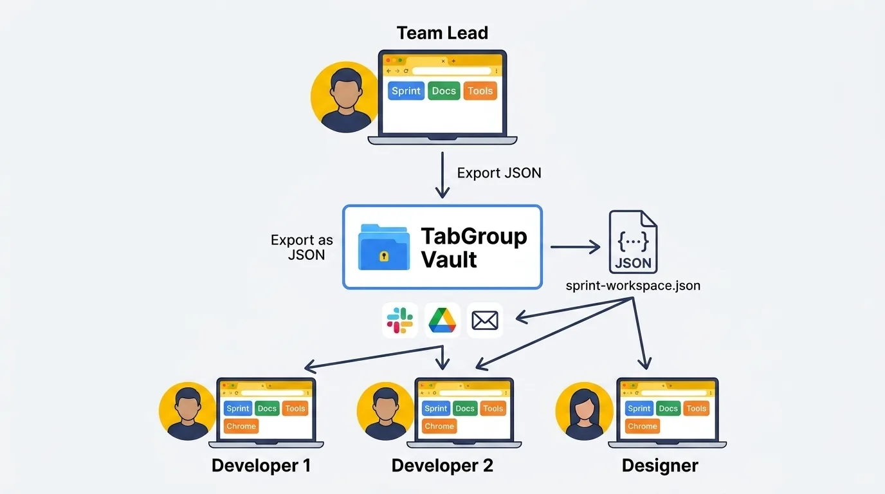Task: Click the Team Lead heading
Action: coord(442,33)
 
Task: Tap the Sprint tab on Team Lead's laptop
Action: coord(406,91)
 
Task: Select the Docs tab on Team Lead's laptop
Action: coord(443,91)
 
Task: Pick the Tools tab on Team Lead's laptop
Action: coord(480,91)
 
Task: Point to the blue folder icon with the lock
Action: coord(384,246)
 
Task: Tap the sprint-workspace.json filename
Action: coord(633,286)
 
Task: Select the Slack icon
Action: coord(399,320)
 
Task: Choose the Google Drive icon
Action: coord(442,320)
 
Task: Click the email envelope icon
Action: coord(485,320)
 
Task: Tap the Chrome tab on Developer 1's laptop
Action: coord(241,426)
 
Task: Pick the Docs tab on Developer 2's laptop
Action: coord(464,408)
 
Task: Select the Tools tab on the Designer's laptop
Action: coord(696,408)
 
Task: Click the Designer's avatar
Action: coord(584,412)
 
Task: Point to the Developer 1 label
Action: coord(261,466)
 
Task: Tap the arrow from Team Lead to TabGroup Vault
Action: coord(442,174)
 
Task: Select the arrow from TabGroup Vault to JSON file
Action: coord(574,246)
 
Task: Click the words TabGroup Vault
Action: coord(473,248)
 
